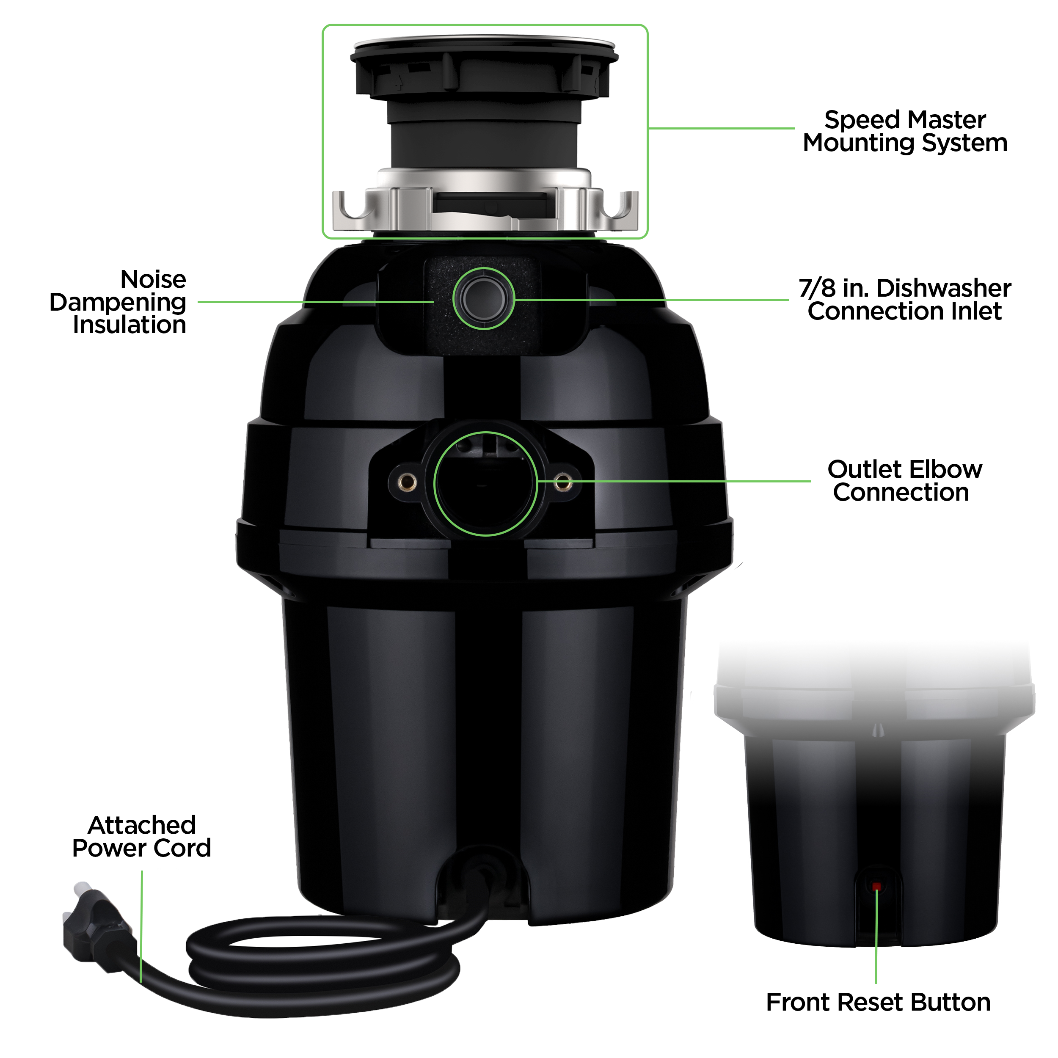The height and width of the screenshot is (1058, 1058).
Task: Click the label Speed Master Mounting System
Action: (x=905, y=132)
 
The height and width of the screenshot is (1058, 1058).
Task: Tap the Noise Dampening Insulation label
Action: (x=118, y=302)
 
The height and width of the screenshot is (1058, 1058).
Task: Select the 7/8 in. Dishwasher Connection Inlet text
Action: (x=905, y=300)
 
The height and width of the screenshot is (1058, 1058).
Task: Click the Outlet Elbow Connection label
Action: (x=905, y=481)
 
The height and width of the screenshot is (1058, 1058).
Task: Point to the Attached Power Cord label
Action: (x=142, y=837)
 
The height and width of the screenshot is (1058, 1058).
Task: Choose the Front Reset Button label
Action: (x=878, y=1002)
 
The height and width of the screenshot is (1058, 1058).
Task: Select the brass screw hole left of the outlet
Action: (x=407, y=482)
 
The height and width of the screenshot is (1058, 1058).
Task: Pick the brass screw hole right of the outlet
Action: (x=562, y=482)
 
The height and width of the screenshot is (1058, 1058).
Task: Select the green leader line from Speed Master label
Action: (x=720, y=129)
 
